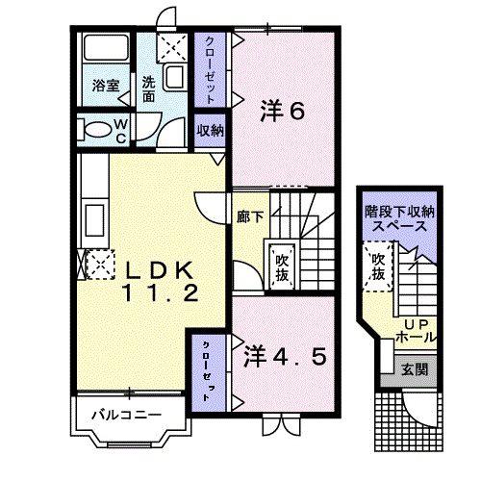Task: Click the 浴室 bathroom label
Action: [x=106, y=86]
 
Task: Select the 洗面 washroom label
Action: [x=148, y=89]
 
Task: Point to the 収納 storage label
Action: [x=210, y=130]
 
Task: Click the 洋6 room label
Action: [x=282, y=111]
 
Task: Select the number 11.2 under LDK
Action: [x=161, y=293]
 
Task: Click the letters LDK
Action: [x=160, y=270]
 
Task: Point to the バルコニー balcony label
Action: [x=126, y=416]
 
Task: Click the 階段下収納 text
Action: [x=399, y=212]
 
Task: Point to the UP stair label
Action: [x=418, y=325]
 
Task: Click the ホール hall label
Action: [x=417, y=338]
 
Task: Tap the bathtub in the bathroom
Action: [x=106, y=47]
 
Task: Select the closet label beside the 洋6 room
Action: [x=210, y=69]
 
